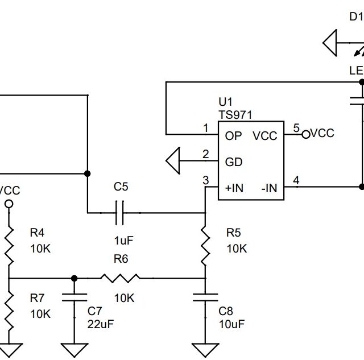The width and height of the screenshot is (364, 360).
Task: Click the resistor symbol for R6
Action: [120, 278]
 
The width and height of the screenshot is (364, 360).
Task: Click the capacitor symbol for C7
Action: [74, 297]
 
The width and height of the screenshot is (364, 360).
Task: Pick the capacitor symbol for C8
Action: [205, 297]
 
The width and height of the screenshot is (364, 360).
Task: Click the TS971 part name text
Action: [235, 114]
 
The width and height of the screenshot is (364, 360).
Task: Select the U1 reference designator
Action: [225, 102]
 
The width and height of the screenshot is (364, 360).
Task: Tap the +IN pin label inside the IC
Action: [234, 188]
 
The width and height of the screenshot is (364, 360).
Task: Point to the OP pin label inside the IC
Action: [233, 135]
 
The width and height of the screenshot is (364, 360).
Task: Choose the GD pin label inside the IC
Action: [234, 162]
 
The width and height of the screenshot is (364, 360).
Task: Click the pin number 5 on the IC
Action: [296, 127]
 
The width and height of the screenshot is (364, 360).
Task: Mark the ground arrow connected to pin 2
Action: [173, 160]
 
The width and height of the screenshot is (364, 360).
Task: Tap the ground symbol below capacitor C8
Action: [205, 349]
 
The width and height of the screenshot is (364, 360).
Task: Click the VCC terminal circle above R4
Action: [9, 204]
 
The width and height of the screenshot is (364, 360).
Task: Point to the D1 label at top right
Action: [355, 16]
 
